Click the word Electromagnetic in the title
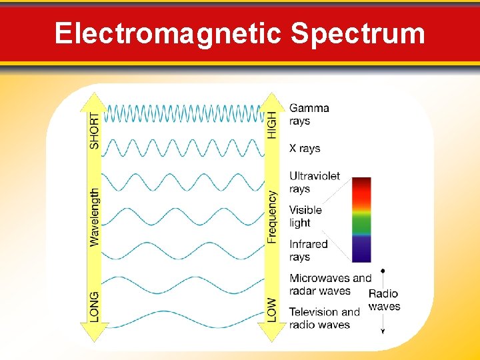169,33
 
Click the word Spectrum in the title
358,33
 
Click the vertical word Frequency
272,217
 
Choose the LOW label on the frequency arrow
272,310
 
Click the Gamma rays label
309,114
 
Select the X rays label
305,149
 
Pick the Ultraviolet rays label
314,182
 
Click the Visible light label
305,216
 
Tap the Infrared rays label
308,250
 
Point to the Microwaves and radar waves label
329,284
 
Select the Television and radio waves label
324,318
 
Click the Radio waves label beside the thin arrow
385,300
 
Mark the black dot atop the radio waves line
383,271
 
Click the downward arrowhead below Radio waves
383,330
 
